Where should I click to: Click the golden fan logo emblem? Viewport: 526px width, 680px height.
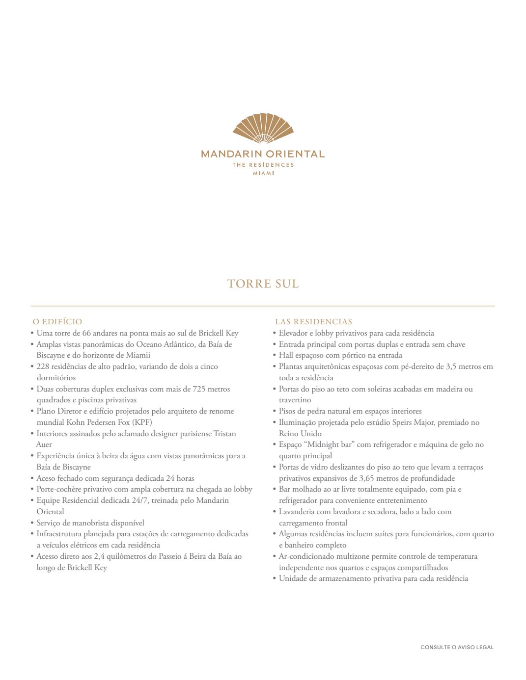tap(263, 129)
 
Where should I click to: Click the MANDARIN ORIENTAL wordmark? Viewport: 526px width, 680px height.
tap(263, 154)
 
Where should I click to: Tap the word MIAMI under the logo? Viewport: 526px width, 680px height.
tap(263, 174)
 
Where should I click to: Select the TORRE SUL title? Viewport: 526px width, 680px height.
tap(263, 284)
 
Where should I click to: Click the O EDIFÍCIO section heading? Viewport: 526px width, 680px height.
tap(57, 322)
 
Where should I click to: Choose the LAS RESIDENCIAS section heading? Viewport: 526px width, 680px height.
tap(313, 322)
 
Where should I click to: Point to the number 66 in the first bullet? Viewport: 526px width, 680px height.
tap(86, 333)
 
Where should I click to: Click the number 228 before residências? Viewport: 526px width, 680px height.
tap(43, 366)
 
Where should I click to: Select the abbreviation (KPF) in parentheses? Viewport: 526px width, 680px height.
tap(142, 422)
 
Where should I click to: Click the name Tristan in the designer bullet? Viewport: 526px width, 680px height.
tap(224, 434)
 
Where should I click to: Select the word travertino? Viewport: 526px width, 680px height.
tap(295, 400)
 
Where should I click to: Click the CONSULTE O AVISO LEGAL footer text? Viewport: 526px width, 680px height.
tap(457, 648)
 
